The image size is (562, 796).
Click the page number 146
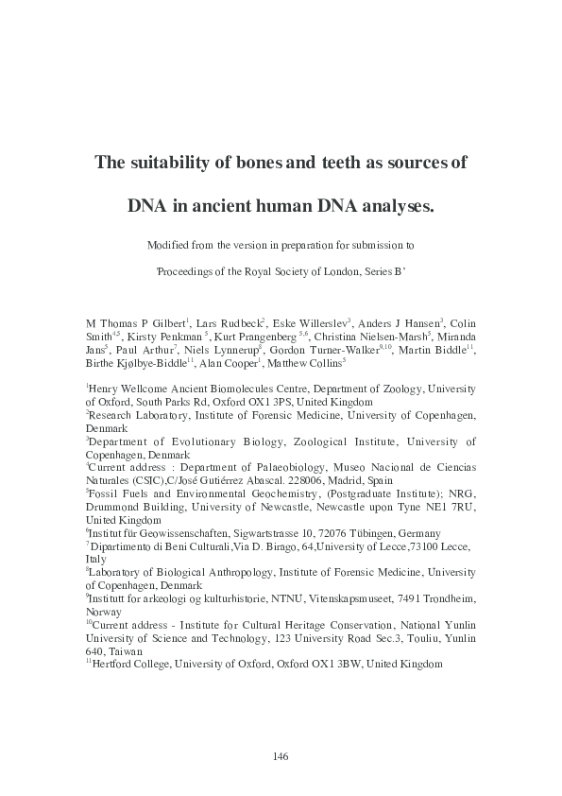[280, 755]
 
